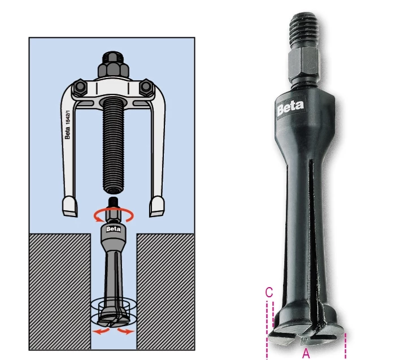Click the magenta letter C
269,292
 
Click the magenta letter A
306,353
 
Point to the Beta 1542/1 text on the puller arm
67,124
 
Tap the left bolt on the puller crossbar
80,88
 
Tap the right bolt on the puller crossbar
146,86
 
